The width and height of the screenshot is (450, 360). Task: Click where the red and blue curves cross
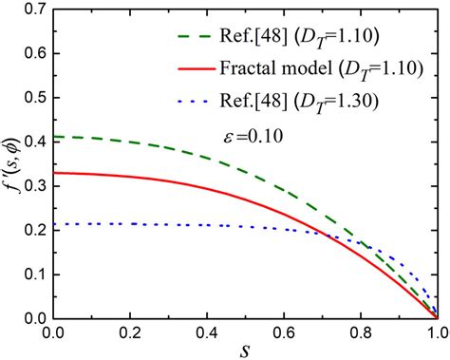point(325,235)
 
